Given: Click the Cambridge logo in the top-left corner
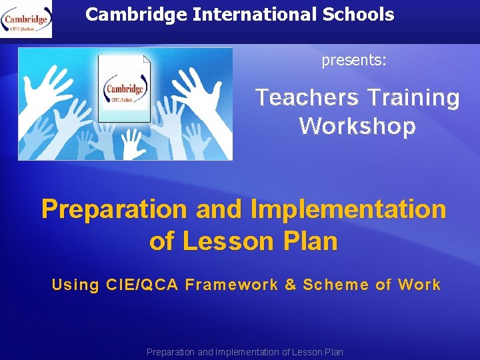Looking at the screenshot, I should point(27,19).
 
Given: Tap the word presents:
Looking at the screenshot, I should point(354,61).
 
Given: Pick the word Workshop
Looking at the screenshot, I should point(357,126).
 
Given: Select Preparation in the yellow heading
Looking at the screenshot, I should point(114,209).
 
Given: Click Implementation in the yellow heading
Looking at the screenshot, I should point(348,209).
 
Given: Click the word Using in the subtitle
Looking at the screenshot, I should point(75,285).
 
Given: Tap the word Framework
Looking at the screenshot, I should point(231,285).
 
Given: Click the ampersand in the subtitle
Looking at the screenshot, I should point(290,285).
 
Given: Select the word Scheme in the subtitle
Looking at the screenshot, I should point(335,285).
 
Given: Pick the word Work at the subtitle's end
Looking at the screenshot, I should point(419,285).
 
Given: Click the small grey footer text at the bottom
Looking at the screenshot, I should point(245,352).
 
